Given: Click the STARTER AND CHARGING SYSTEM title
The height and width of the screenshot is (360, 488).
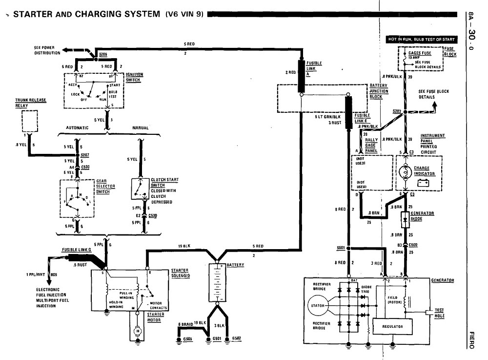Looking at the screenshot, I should (x=85, y=14).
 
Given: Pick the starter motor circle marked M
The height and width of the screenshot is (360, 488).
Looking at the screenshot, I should (x=138, y=331).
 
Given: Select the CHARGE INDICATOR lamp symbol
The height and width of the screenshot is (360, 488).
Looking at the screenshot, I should (x=404, y=172).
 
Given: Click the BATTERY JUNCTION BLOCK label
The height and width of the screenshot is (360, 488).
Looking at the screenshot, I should (x=379, y=91).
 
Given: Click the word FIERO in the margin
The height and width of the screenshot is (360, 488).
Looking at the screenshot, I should (x=471, y=339).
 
